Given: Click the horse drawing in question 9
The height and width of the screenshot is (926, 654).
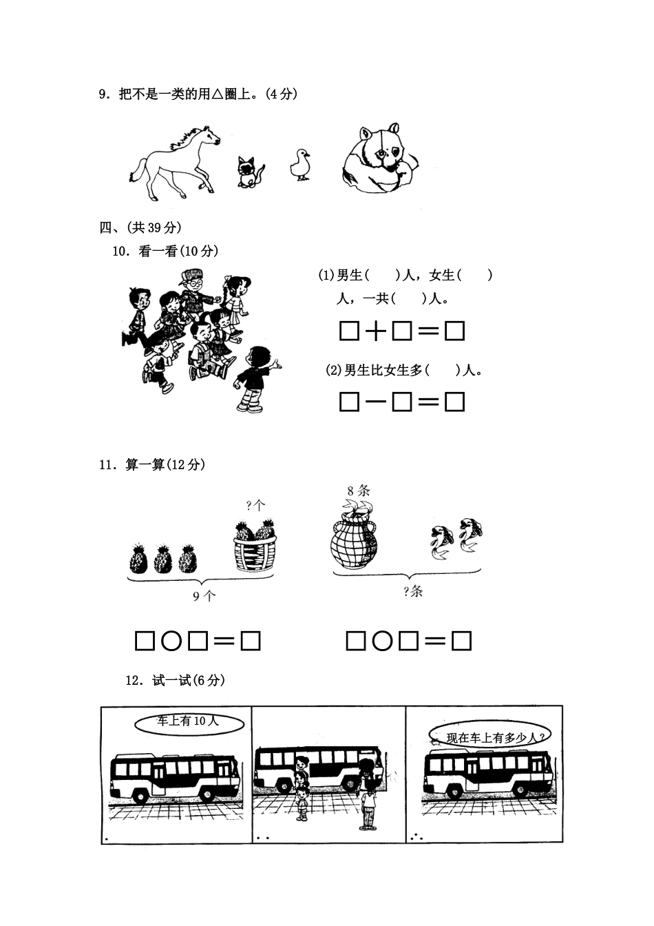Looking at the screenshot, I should click(174, 161).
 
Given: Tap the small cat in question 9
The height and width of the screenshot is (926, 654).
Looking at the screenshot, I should click(249, 171).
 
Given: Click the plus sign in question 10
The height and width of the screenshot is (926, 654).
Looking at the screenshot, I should click(375, 332).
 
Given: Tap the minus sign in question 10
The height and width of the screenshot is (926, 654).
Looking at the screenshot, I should click(375, 402).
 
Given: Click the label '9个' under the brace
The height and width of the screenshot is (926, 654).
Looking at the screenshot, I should click(204, 597).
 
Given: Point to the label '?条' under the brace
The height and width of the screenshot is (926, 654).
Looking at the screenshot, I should click(412, 591).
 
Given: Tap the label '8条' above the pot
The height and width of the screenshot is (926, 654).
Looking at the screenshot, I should click(359, 491).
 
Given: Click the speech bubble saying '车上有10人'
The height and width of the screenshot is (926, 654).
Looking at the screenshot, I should click(188, 722).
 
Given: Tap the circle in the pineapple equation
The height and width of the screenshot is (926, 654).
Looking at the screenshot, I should click(171, 642).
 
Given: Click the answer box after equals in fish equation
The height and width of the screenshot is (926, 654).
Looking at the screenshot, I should click(461, 642).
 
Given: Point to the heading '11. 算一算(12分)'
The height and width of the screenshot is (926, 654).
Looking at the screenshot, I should click(152, 465).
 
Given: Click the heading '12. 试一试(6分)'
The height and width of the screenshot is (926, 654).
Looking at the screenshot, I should click(175, 681).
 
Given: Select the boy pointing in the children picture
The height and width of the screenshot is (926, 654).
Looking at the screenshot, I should click(255, 379).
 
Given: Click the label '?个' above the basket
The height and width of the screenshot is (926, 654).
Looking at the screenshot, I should click(255, 505).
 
